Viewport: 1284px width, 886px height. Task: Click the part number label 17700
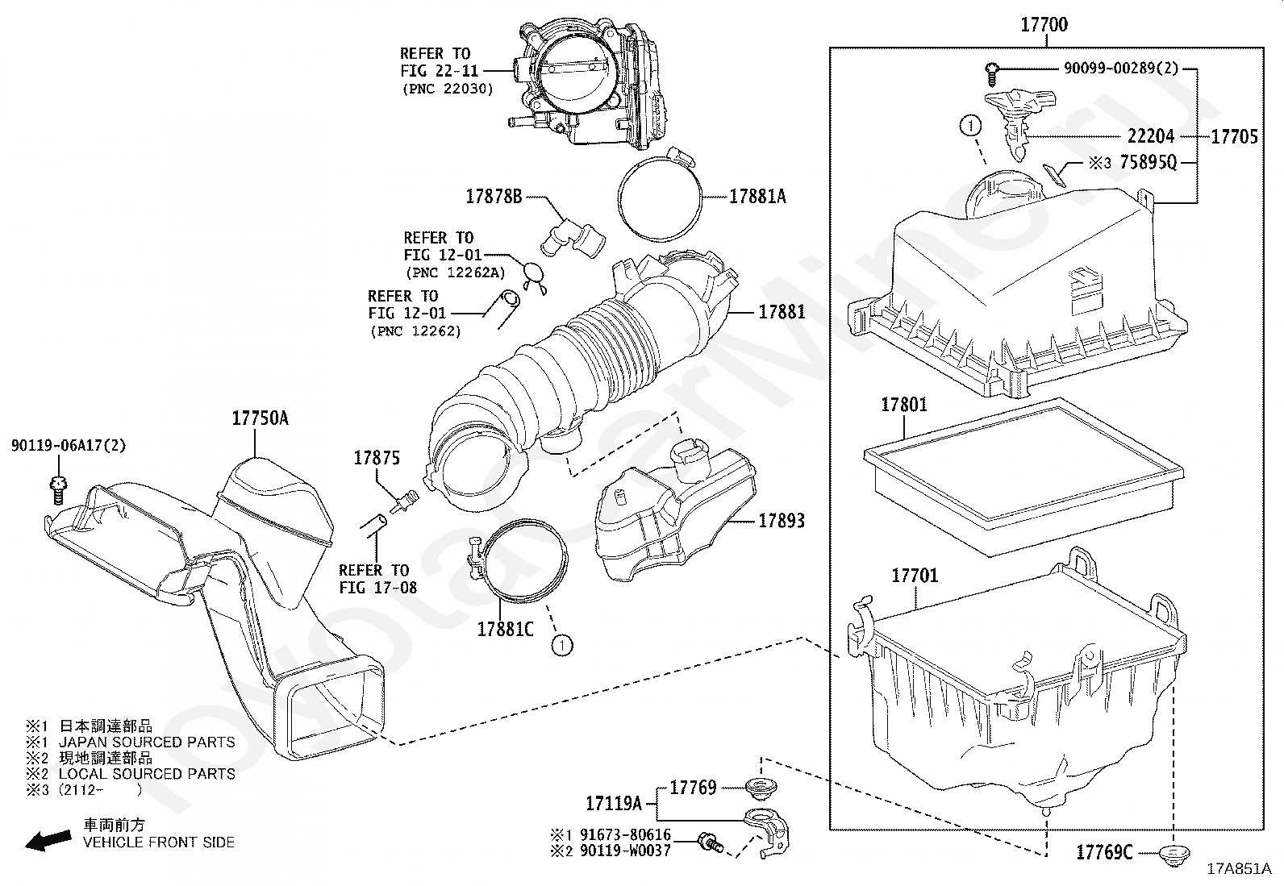tap(1044, 25)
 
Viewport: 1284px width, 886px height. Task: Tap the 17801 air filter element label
tap(904, 405)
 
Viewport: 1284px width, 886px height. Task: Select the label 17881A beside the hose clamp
tap(757, 197)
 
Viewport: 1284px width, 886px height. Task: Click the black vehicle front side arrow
tap(48, 840)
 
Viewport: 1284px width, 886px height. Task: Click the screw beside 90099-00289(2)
tap(991, 74)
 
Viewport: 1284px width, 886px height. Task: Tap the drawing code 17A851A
tap(1239, 869)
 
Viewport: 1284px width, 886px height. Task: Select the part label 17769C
tap(1105, 853)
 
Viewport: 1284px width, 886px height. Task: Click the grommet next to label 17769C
tap(1173, 855)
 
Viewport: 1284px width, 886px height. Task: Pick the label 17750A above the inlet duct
tap(261, 418)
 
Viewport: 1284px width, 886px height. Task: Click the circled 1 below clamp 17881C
tap(561, 646)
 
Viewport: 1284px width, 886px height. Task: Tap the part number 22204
tap(1151, 136)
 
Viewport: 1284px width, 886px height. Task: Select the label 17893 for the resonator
tap(782, 520)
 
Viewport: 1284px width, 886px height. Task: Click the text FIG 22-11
tap(439, 71)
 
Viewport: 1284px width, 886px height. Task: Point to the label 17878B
tap(494, 197)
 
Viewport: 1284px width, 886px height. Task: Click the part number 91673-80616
tap(625, 834)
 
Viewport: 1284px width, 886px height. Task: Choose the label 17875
tap(377, 458)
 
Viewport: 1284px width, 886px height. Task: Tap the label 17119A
tap(614, 804)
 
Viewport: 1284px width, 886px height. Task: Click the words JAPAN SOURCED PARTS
tap(148, 742)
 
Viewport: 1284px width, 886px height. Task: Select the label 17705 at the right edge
tap(1235, 136)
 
